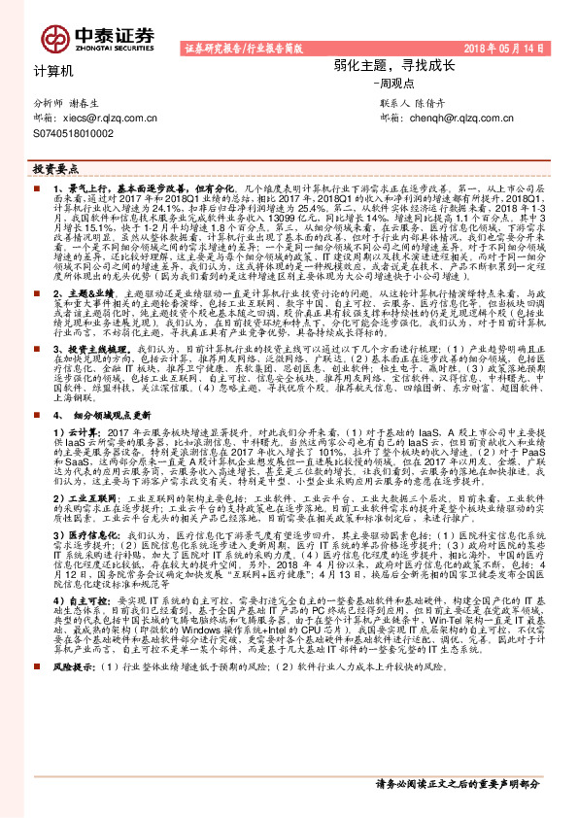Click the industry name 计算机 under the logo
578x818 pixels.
tap(53, 71)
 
